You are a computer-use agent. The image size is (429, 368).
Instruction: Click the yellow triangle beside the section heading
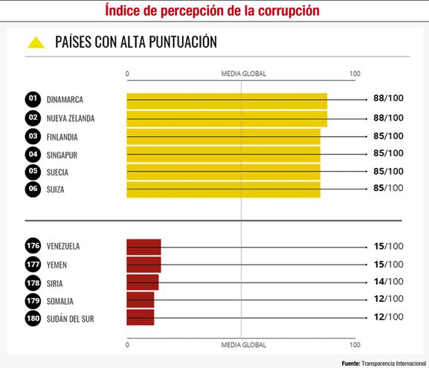click(x=36, y=42)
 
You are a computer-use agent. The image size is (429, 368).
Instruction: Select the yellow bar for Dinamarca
click(x=227, y=100)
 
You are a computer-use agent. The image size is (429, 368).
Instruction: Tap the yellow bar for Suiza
click(x=223, y=190)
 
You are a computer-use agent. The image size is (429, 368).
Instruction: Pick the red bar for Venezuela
click(x=143, y=247)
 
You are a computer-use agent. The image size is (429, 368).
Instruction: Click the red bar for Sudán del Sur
click(x=141, y=318)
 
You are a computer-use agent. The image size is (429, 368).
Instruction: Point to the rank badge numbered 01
click(x=33, y=100)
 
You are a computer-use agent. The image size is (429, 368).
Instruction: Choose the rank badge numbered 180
click(x=33, y=319)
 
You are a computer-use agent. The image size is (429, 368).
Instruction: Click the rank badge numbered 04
click(x=33, y=155)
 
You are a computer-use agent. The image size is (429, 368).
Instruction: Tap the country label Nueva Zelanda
click(x=71, y=118)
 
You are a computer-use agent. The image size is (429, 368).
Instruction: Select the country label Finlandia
click(x=62, y=137)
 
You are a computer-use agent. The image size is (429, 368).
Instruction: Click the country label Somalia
click(x=59, y=301)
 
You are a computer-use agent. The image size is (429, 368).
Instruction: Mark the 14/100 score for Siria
click(x=388, y=282)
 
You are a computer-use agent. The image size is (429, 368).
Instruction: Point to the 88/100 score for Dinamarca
click(x=388, y=100)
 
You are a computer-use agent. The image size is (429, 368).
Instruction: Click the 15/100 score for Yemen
click(x=388, y=264)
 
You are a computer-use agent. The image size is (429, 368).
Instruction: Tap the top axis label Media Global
click(x=243, y=74)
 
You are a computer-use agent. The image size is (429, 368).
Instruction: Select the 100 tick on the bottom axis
click(x=355, y=345)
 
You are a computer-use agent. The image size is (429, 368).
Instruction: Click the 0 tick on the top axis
click(x=128, y=74)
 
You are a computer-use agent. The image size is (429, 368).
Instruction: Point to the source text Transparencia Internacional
click(x=393, y=362)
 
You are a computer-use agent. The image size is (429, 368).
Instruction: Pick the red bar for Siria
click(x=142, y=283)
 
